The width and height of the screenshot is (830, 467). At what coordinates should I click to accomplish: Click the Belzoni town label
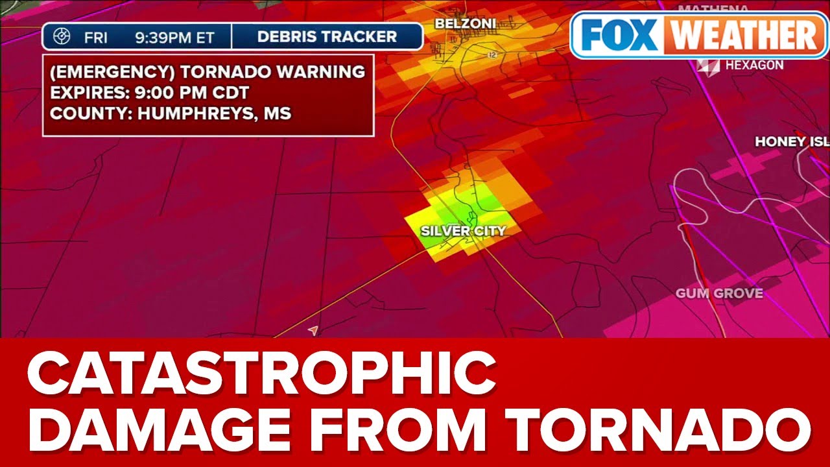pos(465,24)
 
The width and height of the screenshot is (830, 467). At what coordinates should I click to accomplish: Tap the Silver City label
pos(463,231)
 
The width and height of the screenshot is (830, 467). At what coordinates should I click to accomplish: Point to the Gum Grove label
pos(719,294)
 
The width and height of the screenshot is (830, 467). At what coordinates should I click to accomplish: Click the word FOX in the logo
pos(619,35)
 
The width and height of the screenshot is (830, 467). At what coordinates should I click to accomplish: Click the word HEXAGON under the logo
pos(754,66)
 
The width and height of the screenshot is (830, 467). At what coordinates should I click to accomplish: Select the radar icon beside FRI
pos(62,37)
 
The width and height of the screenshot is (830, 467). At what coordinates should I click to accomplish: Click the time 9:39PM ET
pos(174,38)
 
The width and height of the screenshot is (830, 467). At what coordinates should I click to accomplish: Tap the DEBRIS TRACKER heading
pos(327,37)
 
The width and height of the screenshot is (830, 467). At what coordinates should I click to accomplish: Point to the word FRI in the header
pos(97,38)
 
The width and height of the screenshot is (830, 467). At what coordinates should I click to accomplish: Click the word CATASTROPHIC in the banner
pos(261,376)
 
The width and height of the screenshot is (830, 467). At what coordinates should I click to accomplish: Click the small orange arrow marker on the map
pos(313,331)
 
